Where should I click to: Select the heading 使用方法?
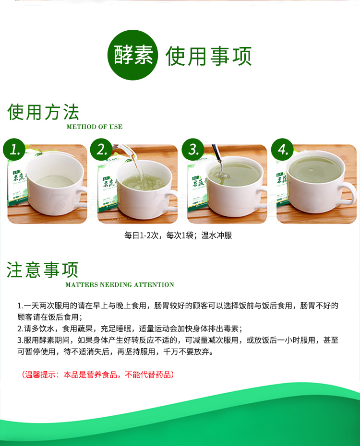click(44, 112)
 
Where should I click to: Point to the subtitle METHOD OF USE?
click(95, 127)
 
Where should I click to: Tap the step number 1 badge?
click(16, 150)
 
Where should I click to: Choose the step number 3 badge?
click(194, 150)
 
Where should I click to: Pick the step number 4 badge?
click(283, 150)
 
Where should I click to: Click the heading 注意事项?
click(42, 270)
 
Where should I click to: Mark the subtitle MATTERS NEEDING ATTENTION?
click(120, 285)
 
